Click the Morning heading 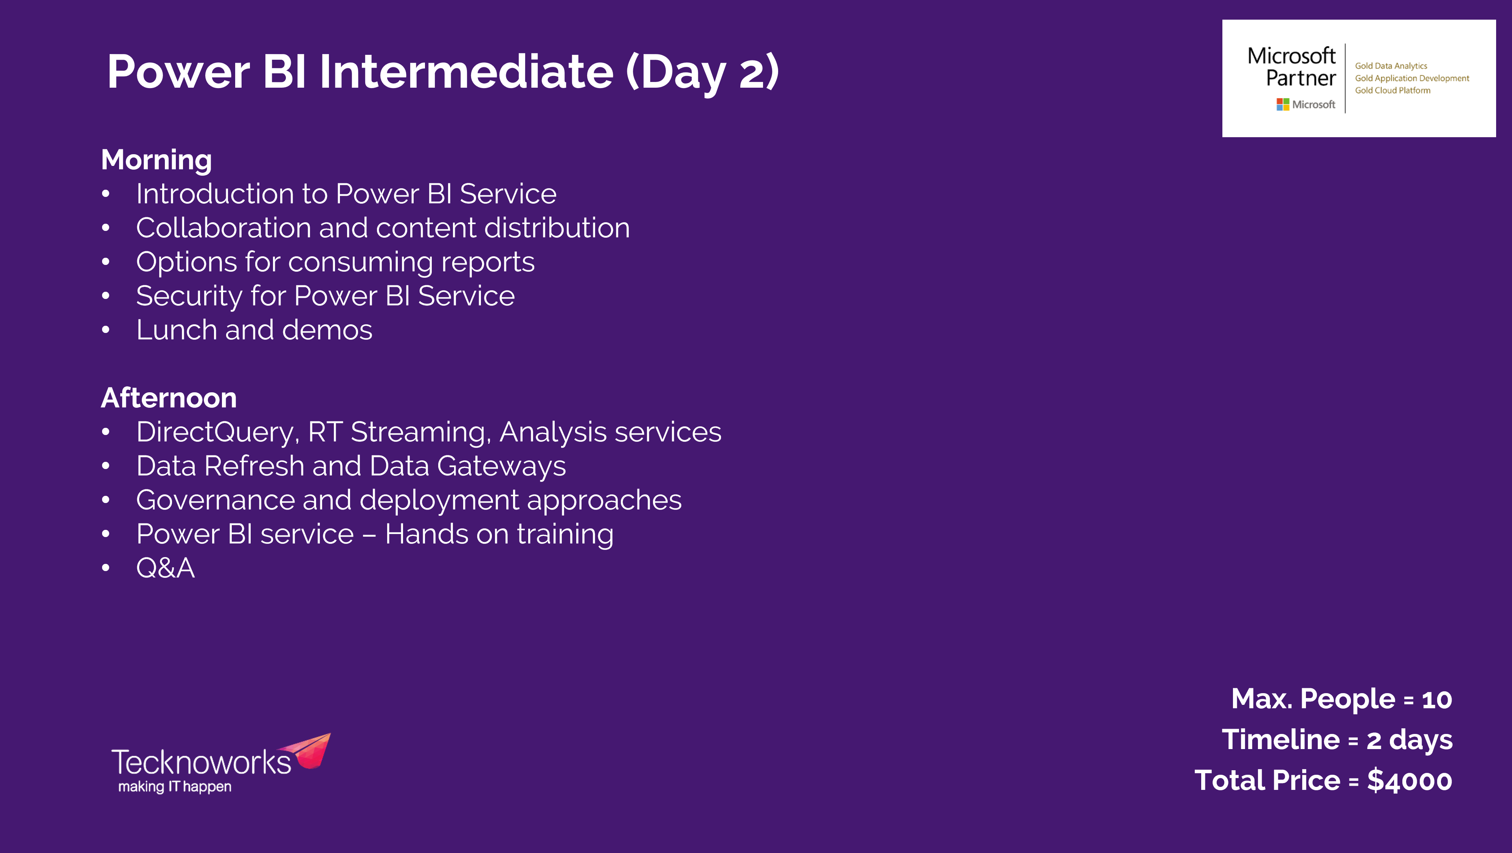click(x=156, y=160)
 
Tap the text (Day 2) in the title click(x=702, y=73)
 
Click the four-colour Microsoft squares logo click(x=1283, y=104)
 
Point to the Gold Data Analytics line click(x=1391, y=66)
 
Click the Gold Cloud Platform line click(x=1392, y=90)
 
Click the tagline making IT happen click(x=175, y=787)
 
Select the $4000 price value click(x=1410, y=781)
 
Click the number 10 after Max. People click(x=1437, y=699)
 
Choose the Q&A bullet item click(x=166, y=568)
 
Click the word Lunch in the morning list click(x=177, y=330)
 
